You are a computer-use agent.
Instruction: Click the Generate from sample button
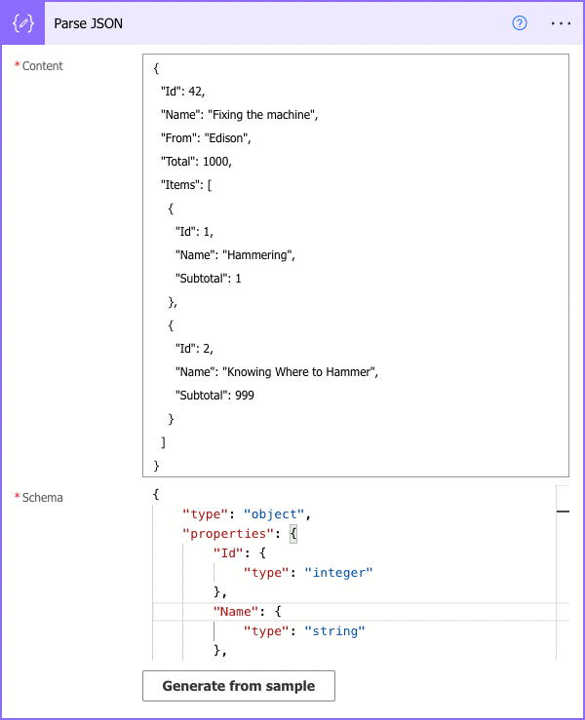(239, 686)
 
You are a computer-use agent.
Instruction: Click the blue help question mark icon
(520, 23)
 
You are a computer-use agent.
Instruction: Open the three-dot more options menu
(561, 23)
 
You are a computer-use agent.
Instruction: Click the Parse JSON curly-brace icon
(24, 23)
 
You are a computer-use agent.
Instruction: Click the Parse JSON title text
(89, 23)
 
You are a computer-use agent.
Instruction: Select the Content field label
(42, 66)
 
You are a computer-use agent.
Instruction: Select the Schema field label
(42, 498)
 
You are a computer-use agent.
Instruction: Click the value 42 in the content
(196, 93)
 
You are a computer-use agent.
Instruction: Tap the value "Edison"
(229, 138)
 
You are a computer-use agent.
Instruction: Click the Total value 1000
(216, 162)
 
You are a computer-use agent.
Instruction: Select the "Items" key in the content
(181, 185)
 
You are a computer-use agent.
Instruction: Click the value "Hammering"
(258, 255)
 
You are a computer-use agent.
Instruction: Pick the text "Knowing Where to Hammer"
(299, 371)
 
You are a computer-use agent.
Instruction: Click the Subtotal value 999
(246, 396)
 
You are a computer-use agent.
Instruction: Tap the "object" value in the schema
(276, 513)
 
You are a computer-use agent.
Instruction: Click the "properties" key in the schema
(225, 533)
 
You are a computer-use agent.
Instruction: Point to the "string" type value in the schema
(334, 631)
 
